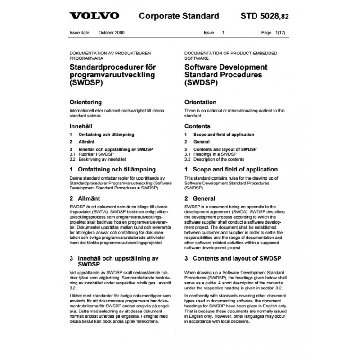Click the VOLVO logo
94,16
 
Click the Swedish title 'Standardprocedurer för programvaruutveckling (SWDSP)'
112,75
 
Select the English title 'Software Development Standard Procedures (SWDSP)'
226,75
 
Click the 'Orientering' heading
85,102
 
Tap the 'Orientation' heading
201,102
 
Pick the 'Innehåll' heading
81,126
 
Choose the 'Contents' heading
198,126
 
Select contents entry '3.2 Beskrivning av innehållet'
98,159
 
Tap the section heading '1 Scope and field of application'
231,170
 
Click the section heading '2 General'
200,198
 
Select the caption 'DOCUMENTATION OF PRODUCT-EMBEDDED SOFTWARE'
231,56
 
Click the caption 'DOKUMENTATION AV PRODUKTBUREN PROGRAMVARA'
113,56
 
